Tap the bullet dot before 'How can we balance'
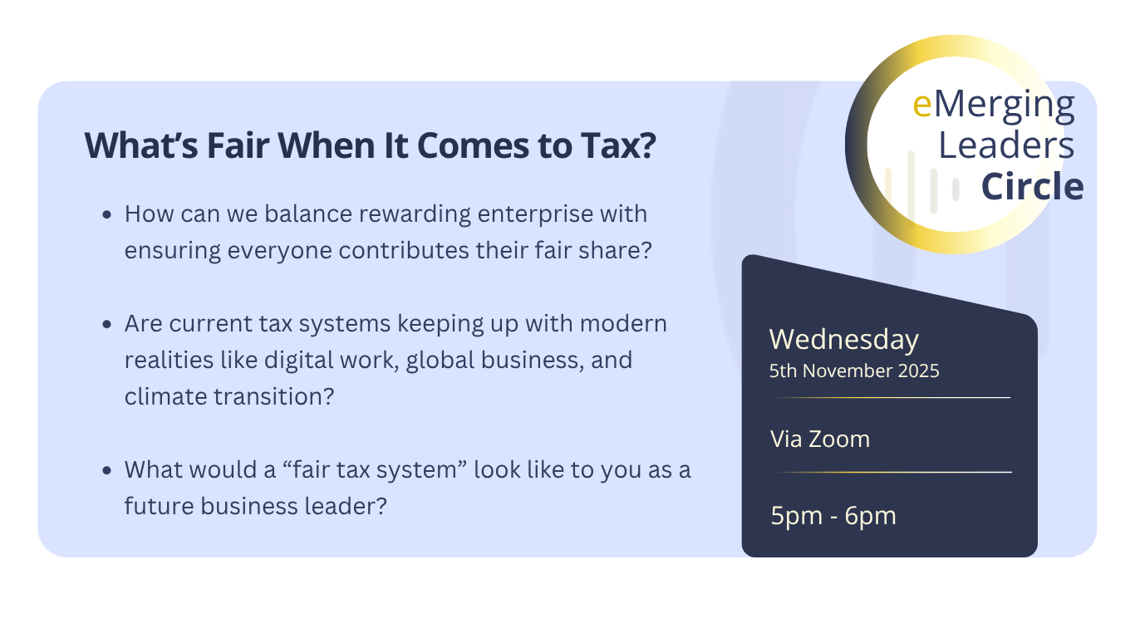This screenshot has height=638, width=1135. point(106,215)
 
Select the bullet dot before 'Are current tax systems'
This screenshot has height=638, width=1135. point(106,324)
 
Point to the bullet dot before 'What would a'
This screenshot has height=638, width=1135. point(106,471)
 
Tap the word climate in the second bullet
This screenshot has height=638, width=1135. point(165,396)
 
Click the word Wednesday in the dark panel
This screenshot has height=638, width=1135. point(843,340)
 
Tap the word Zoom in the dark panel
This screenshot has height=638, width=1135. point(839,439)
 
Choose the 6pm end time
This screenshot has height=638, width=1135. point(871,517)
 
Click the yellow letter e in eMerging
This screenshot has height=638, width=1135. point(922,106)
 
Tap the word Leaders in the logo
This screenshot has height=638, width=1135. point(1006,145)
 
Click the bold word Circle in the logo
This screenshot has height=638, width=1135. point(1033,186)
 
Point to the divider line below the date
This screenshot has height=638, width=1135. point(892,398)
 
